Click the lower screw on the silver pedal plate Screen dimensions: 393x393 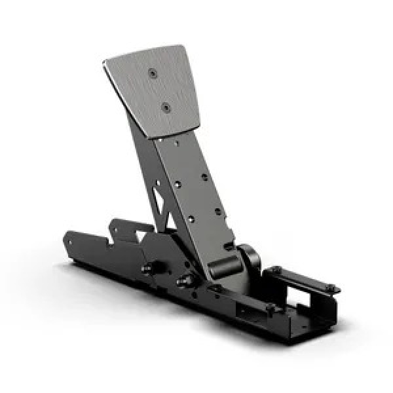pos(166,106)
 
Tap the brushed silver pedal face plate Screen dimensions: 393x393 pos(157,92)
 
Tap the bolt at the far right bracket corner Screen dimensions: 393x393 pos(332,289)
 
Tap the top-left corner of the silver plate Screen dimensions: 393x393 pos(106,62)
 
